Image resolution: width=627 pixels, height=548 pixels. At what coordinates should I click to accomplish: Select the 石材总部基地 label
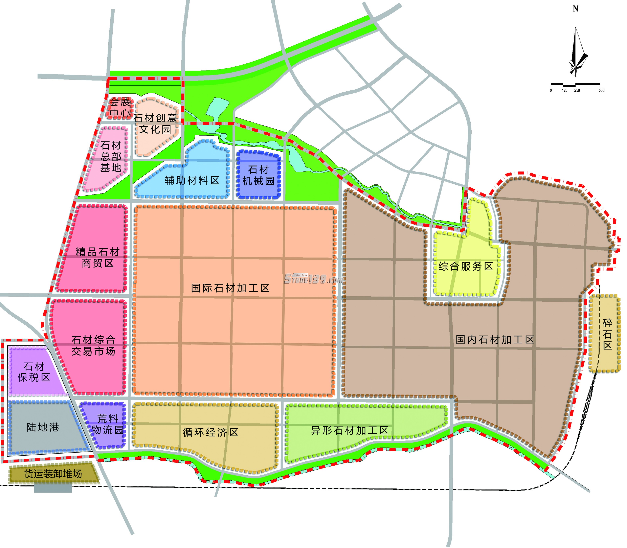(111, 157)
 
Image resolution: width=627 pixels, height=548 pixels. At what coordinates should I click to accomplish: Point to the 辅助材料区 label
(192, 180)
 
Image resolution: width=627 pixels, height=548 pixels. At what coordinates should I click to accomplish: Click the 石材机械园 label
(259, 175)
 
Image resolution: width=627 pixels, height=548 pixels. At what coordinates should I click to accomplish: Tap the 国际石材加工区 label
(230, 288)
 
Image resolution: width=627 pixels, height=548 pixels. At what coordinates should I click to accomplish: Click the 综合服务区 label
(466, 266)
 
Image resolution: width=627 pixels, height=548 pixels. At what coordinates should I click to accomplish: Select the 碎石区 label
(607, 334)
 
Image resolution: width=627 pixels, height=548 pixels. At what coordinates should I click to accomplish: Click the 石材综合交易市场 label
(94, 346)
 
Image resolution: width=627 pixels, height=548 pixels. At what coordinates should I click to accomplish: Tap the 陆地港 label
(43, 427)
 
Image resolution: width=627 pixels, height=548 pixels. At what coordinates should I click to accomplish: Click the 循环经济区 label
(211, 432)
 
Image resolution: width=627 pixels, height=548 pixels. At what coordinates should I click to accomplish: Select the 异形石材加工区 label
(350, 431)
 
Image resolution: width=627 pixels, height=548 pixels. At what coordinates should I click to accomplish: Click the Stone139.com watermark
(314, 279)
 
